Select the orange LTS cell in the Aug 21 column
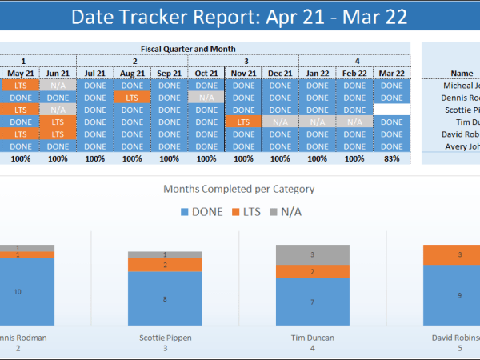(132, 98)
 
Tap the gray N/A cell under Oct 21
(206, 98)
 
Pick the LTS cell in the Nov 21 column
(243, 122)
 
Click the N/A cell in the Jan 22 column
(318, 122)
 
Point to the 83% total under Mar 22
(392, 158)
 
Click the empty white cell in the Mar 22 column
(392, 110)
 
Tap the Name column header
(462, 73)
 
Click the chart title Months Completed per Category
(239, 190)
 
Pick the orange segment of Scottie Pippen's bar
(164, 265)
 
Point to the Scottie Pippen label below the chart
(165, 338)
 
